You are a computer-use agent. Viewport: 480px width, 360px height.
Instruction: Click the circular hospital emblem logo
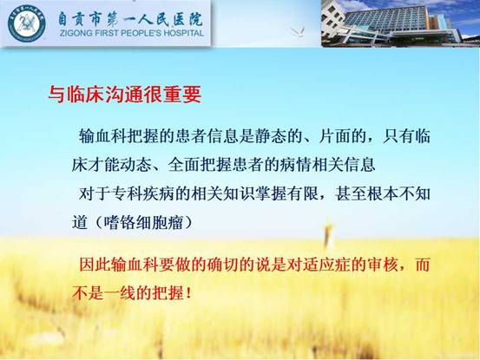[27, 23]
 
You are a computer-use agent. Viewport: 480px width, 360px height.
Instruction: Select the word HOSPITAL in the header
[184, 33]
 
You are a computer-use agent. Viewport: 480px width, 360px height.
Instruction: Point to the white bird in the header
[298, 32]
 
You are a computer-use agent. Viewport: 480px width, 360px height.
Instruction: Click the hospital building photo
[400, 23]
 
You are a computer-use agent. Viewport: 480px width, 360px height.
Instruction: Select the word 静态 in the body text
[270, 136]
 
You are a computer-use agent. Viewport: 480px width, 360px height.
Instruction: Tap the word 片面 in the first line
[334, 136]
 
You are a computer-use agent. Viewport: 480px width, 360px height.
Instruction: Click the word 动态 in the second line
[136, 165]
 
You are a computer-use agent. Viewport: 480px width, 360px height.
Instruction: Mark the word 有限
[302, 193]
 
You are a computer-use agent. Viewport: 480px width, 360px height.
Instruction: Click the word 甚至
[351, 193]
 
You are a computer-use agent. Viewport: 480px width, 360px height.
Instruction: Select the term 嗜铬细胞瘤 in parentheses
[143, 222]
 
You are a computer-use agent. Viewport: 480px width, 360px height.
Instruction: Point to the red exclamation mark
[188, 293]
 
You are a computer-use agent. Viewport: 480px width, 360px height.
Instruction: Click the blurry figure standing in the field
[328, 232]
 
